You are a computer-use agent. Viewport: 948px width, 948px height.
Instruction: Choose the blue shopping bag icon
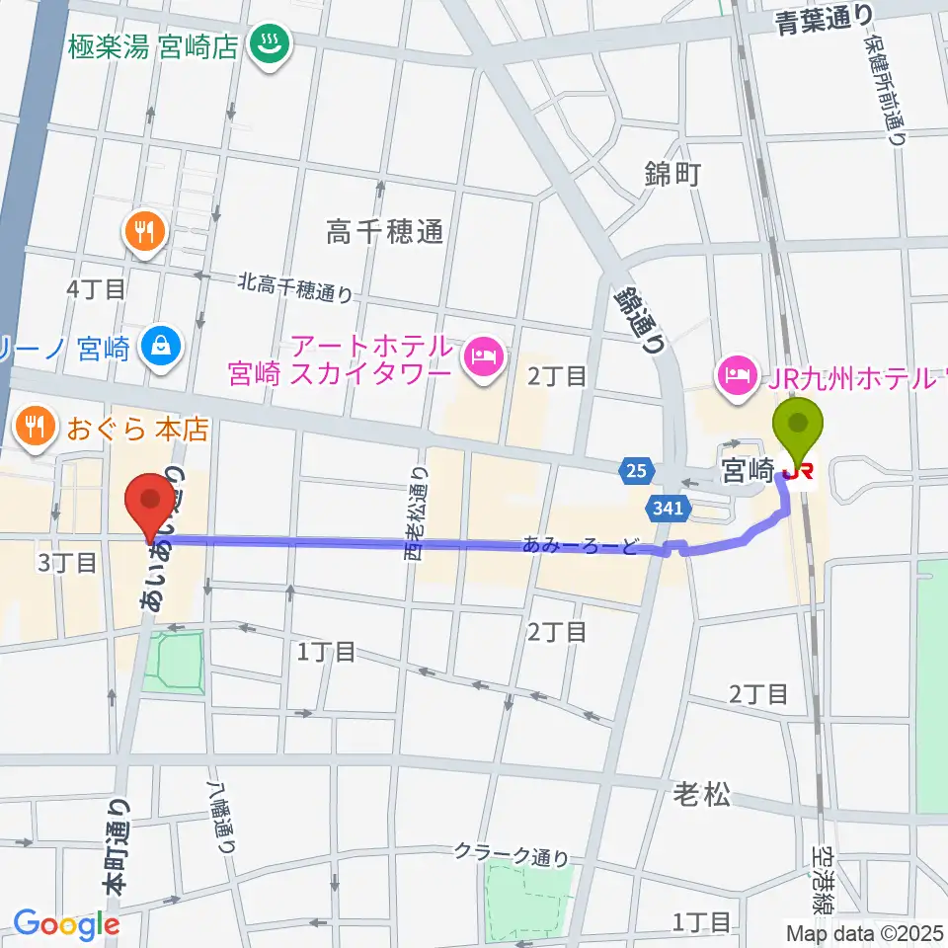coord(159,345)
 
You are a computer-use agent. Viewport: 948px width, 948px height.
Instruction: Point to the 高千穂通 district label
coord(386,232)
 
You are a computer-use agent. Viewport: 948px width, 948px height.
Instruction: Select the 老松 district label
coord(702,793)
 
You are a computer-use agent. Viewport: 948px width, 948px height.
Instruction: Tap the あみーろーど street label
coord(581,545)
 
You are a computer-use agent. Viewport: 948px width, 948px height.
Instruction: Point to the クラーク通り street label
coord(512,852)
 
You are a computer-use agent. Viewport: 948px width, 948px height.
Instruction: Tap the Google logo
coord(67,924)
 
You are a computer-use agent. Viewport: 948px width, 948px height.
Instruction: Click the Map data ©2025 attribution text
coord(865,932)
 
